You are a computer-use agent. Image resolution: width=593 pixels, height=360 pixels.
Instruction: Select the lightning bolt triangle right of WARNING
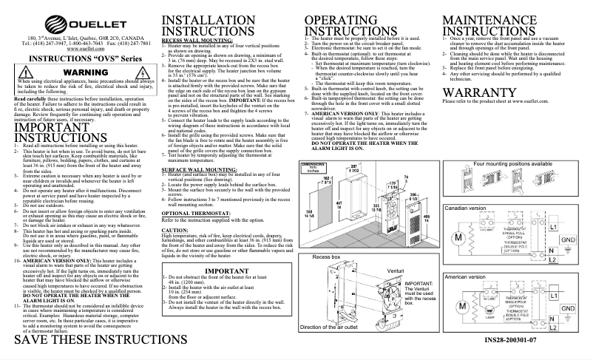point(131,72)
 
